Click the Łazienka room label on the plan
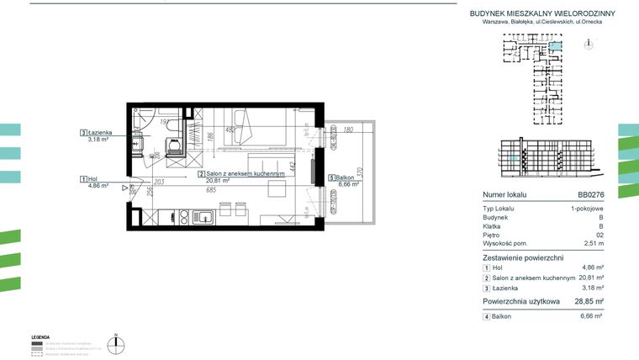[x=103, y=133]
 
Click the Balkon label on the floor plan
[x=344, y=178]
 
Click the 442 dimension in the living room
[x=293, y=166]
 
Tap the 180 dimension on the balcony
[x=347, y=130]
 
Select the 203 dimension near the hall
[x=159, y=182]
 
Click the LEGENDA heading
[x=40, y=336]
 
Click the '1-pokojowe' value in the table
[x=584, y=207]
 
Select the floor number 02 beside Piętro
[x=598, y=234]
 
